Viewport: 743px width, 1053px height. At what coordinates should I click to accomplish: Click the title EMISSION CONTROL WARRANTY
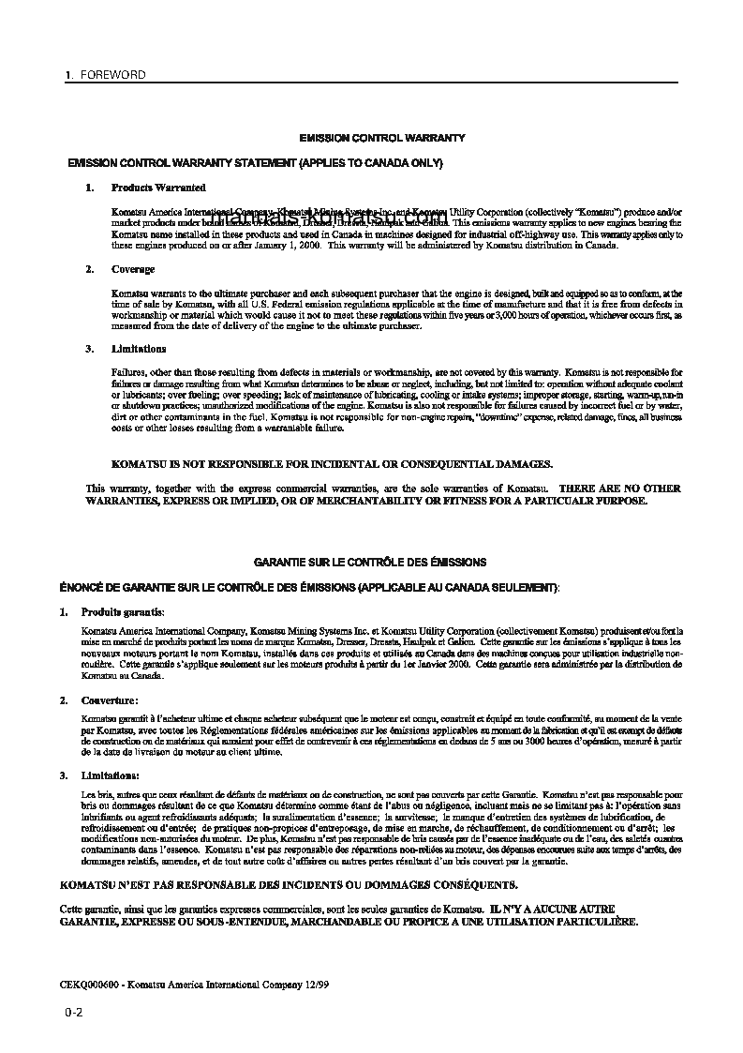pyautogui.click(x=381, y=138)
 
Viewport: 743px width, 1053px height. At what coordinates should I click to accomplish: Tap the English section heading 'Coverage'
pyautogui.click(x=132, y=269)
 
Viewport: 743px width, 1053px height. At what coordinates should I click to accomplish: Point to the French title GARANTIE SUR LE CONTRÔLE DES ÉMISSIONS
pyautogui.click(x=370, y=562)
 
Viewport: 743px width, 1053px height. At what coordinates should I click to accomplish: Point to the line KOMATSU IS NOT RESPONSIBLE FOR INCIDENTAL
pyautogui.click(x=332, y=463)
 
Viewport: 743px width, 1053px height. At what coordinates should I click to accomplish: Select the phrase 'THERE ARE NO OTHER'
pyautogui.click(x=619, y=489)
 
